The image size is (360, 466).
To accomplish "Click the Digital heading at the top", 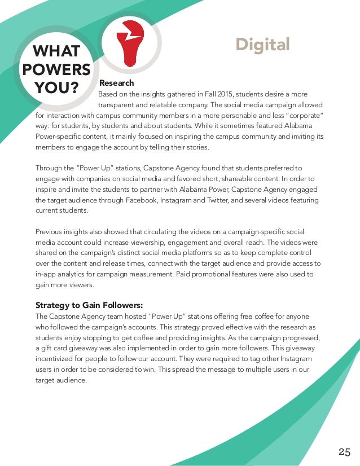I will tap(262, 44).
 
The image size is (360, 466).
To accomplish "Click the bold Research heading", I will tap(117, 83).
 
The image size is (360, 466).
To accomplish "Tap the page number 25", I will tap(345, 451).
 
